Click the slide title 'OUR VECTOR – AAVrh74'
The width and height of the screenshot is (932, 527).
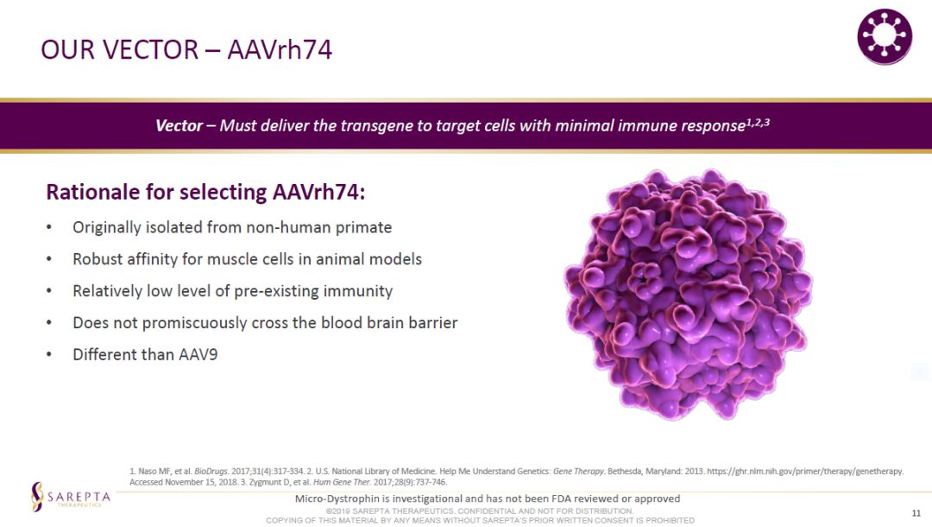186,49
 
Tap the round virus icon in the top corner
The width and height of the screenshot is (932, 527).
885,37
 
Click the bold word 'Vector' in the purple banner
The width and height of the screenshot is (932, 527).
179,125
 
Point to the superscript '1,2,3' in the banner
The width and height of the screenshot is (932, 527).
758,122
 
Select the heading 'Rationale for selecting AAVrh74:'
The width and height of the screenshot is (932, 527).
205,192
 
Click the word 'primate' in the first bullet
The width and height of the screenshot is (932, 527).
364,228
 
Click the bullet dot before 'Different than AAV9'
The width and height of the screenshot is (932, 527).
49,354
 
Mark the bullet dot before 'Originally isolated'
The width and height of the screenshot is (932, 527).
49,227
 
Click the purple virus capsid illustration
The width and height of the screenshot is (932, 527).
689,295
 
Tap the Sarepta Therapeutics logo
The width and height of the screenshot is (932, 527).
71,498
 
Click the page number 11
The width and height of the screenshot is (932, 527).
916,512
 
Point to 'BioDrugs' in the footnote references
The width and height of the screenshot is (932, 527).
211,471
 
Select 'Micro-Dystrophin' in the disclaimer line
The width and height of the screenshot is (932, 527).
330,498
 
